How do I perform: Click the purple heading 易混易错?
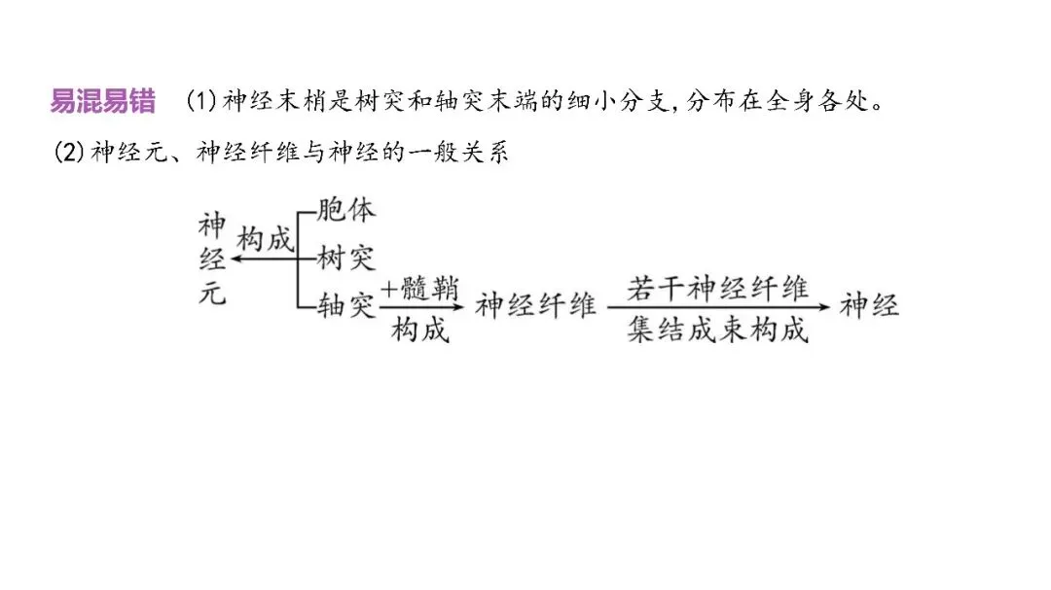point(102,100)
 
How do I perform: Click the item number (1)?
point(200,101)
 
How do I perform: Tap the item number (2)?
point(68,153)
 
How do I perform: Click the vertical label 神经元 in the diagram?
point(212,260)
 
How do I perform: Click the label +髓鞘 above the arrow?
point(419,289)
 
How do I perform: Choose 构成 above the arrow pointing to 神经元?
point(266,239)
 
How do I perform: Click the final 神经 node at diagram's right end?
point(870,306)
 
